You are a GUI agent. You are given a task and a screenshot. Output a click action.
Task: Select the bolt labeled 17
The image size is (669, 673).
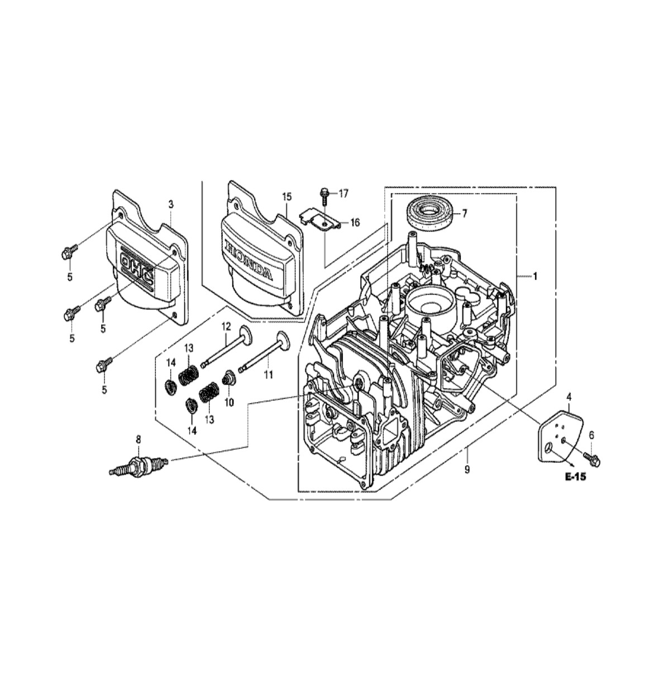pyautogui.click(x=324, y=196)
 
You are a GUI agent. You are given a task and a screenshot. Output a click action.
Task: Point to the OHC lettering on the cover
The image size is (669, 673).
pyautogui.click(x=137, y=268)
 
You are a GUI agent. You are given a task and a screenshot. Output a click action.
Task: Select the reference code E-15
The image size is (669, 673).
pyautogui.click(x=576, y=476)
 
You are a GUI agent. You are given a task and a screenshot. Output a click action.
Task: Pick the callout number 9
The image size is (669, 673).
pyautogui.click(x=467, y=470)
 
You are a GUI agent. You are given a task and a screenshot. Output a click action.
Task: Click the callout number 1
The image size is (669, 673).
pyautogui.click(x=534, y=277)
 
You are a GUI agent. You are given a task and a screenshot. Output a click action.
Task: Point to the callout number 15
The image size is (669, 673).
pyautogui.click(x=286, y=196)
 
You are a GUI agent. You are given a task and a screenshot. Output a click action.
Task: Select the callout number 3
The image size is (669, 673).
pyautogui.click(x=171, y=205)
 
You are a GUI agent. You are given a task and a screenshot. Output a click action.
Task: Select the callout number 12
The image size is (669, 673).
pyautogui.click(x=226, y=327)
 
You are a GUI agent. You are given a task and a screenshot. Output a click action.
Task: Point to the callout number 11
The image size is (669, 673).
pyautogui.click(x=267, y=375)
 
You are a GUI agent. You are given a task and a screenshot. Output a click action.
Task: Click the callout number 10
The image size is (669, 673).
pyautogui.click(x=229, y=402)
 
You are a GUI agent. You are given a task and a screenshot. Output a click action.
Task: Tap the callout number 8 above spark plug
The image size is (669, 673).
pyautogui.click(x=138, y=440)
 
